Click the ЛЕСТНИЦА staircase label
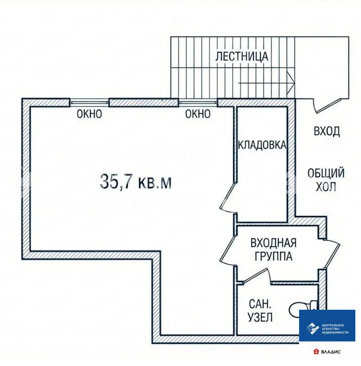242,57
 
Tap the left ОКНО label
89,114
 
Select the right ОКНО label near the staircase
198,114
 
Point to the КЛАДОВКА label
262,145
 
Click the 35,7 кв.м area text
135,182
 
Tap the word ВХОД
327,131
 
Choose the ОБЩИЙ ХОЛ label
326,180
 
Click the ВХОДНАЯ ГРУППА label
274,249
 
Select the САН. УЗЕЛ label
260,311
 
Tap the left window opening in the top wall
89,102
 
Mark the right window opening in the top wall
198,102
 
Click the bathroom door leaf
256,276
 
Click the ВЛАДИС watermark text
327,352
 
